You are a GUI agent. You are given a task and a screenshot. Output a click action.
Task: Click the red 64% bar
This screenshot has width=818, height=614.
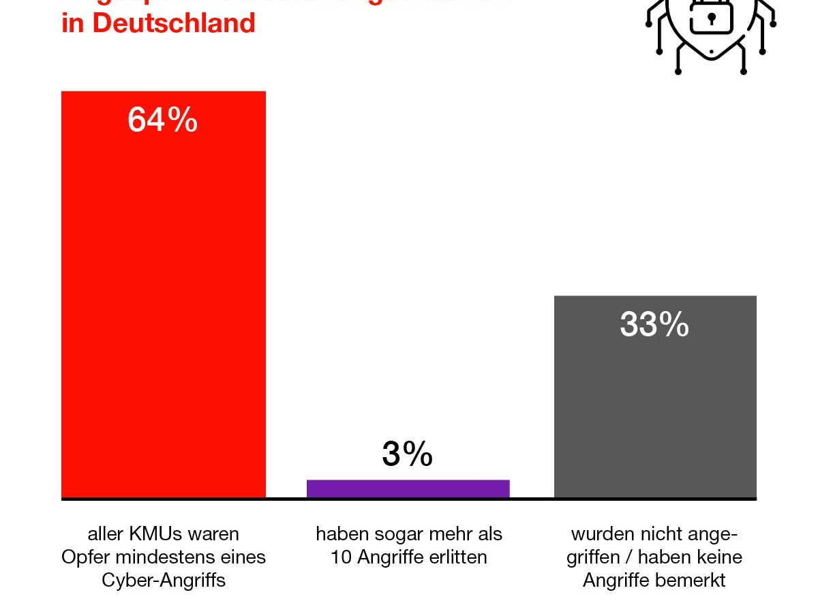(164, 307)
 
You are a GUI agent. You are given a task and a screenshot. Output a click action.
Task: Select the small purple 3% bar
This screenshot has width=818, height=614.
(408, 488)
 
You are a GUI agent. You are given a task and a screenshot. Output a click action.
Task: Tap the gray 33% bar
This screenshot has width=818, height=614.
(655, 409)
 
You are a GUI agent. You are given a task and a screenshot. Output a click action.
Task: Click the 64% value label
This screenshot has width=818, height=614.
(163, 121)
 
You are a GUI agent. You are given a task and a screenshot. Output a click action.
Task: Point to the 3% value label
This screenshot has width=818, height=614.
(408, 454)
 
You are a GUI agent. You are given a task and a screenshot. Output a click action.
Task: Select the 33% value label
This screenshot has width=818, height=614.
(654, 325)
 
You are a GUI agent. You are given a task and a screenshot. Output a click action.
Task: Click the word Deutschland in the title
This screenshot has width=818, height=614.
(175, 23)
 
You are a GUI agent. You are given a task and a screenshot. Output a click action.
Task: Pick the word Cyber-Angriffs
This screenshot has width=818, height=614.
(164, 581)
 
